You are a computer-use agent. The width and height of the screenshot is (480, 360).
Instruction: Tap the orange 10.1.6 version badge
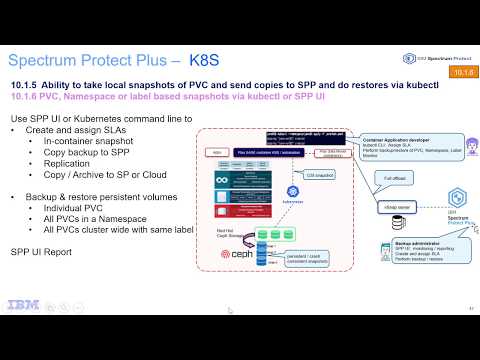[x=463, y=72]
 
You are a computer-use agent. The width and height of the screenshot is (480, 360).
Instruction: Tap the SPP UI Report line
[x=41, y=252]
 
